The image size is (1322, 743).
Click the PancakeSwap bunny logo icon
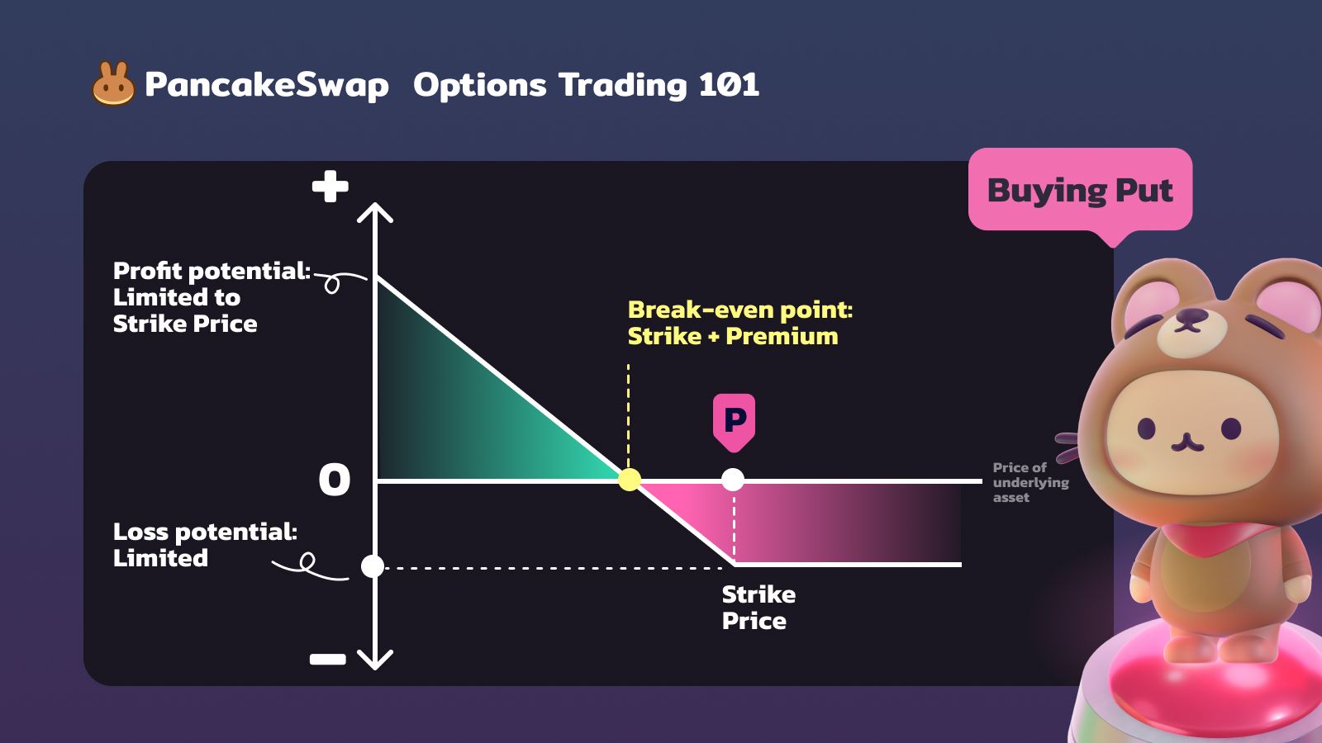(x=113, y=83)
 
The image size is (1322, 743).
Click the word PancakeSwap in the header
(x=267, y=85)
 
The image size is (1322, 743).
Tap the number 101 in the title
(x=729, y=84)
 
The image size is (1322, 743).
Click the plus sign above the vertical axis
(x=330, y=187)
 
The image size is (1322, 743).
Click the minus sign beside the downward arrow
(x=327, y=659)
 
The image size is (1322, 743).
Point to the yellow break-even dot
(x=629, y=480)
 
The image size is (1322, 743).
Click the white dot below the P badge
(x=733, y=480)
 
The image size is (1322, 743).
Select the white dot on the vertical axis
(x=373, y=566)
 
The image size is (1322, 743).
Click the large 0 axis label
(x=334, y=479)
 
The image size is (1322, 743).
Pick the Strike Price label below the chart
(x=758, y=608)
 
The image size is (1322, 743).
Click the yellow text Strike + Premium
(x=732, y=336)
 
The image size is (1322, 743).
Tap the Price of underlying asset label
(x=1030, y=482)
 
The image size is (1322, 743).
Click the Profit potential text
(x=212, y=272)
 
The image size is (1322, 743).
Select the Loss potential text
(x=205, y=532)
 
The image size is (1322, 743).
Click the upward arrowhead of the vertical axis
(x=375, y=212)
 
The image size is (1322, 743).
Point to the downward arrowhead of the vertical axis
(x=375, y=660)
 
